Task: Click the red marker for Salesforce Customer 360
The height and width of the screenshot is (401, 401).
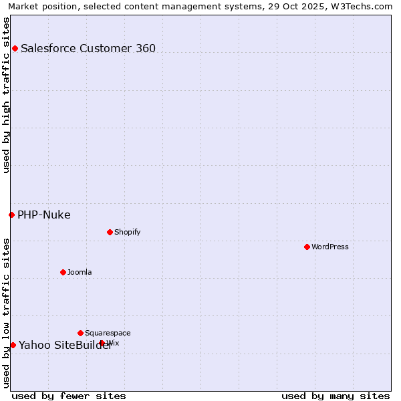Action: [15, 48]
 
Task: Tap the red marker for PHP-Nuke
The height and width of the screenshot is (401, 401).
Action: [11, 215]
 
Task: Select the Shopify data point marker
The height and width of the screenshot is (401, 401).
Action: [110, 232]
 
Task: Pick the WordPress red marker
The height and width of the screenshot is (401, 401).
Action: [307, 247]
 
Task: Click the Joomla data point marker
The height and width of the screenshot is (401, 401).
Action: [63, 272]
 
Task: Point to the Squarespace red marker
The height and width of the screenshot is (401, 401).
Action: [80, 333]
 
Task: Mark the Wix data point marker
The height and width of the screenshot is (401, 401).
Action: [102, 343]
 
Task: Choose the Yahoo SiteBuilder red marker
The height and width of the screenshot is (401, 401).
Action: [13, 345]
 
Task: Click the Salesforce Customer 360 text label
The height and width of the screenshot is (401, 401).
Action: [88, 48]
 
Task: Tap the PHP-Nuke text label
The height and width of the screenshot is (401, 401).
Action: [44, 215]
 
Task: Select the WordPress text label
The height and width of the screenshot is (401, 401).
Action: [330, 247]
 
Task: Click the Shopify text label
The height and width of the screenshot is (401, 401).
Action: [128, 232]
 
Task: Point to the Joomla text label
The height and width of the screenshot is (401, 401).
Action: [80, 272]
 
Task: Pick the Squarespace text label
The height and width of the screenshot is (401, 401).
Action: [108, 333]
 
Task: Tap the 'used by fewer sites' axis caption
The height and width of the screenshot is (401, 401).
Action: [69, 396]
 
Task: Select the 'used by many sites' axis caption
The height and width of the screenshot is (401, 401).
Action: [336, 396]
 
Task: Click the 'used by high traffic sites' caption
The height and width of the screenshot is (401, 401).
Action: [6, 95]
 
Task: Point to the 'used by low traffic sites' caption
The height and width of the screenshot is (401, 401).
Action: [6, 313]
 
